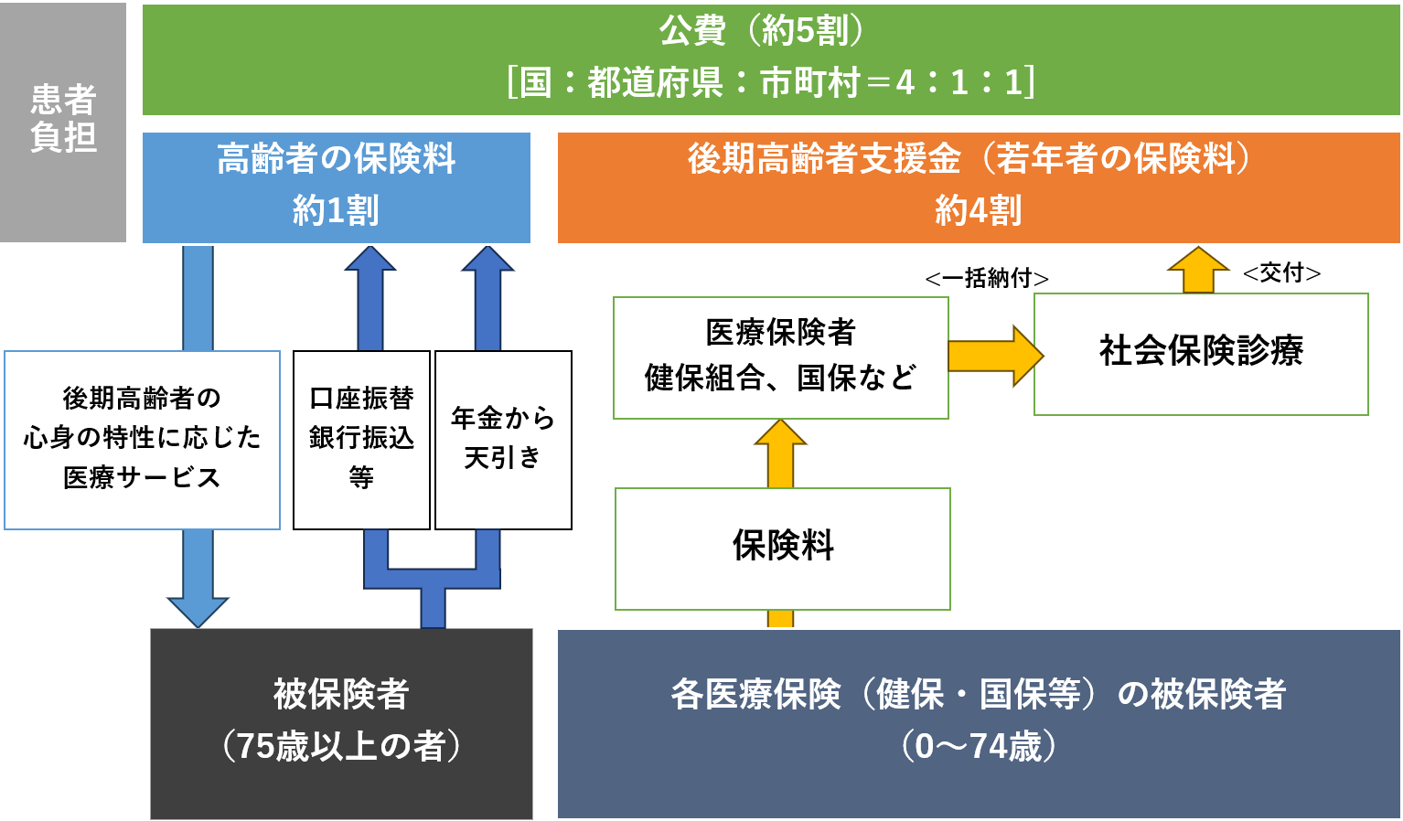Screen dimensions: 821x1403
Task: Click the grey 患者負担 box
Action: [x=62, y=121]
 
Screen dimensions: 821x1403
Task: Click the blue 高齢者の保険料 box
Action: [x=336, y=187]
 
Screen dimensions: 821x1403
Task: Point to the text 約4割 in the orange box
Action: [x=978, y=211]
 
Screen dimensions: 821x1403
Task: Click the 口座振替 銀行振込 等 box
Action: [x=361, y=439]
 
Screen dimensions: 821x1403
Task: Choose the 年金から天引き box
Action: [x=503, y=439]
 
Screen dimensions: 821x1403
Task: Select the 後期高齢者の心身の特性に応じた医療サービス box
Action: [x=142, y=439]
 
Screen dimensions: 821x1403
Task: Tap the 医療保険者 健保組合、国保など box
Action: [x=780, y=357]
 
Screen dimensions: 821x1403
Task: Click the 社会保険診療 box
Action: [x=1200, y=353]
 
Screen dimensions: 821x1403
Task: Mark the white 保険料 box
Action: [x=782, y=547]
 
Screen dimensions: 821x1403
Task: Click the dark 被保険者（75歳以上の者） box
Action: [x=341, y=722]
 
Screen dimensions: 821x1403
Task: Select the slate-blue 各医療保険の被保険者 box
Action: [x=978, y=722]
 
